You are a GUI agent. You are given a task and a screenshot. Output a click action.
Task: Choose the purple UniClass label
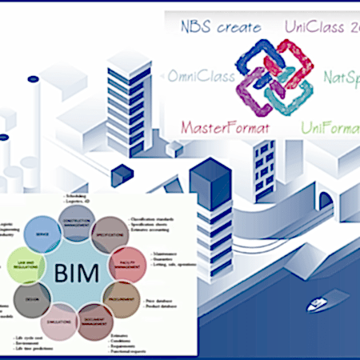319,27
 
